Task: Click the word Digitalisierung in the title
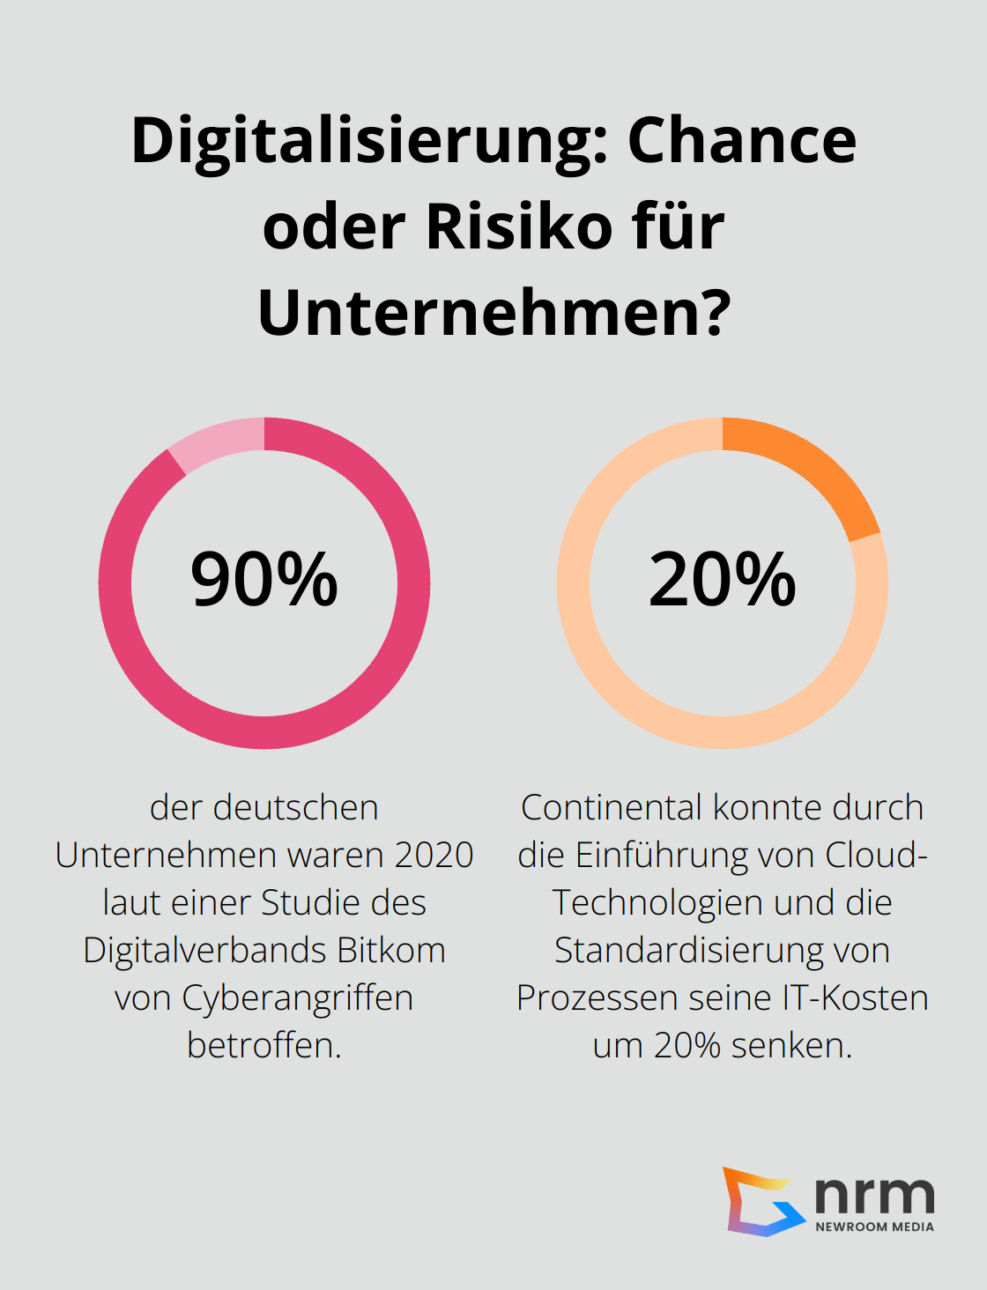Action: click(370, 141)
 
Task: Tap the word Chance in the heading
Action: click(741, 141)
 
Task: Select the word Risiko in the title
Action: click(519, 227)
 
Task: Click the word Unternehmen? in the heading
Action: click(494, 313)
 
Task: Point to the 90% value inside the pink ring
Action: click(264, 580)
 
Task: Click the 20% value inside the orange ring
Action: click(723, 580)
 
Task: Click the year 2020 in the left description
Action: click(434, 856)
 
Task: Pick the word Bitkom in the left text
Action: click(390, 951)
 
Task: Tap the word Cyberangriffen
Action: click(298, 998)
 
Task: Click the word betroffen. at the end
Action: click(264, 1046)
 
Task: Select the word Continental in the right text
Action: click(612, 808)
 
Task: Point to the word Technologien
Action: click(648, 903)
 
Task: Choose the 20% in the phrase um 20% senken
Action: click(687, 1046)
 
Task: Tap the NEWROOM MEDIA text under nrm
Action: click(874, 1227)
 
